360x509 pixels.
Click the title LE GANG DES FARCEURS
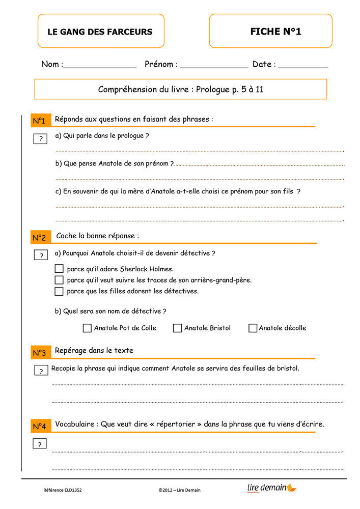100,32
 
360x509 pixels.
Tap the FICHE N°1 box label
275,32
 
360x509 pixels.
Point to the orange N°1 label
40,121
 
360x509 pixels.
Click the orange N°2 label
40,238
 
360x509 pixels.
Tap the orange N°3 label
40,353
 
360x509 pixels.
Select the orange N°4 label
40,426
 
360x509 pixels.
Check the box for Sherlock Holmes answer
59,269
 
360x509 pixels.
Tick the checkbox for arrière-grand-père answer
59,280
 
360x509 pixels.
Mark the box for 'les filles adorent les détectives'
59,291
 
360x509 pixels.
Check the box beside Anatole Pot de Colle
87,328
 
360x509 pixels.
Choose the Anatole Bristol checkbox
177,328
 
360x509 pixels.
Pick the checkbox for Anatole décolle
253,328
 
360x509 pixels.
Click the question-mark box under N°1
40,139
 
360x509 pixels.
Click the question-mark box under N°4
40,444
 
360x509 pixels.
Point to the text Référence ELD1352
63,490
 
